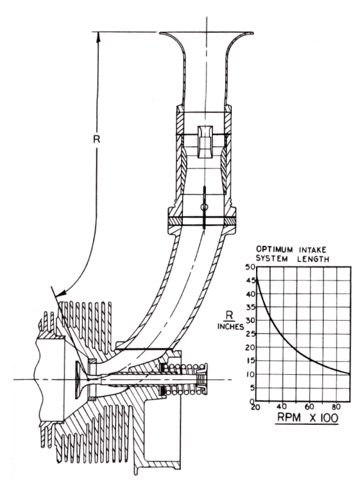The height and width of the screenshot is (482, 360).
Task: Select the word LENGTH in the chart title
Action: click(313, 259)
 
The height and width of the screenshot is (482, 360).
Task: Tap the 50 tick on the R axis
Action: click(250, 266)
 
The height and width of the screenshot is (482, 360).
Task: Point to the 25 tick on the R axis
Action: click(250, 334)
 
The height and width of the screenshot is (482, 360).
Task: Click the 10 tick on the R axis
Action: click(250, 374)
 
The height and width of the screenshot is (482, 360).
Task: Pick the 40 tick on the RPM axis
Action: click(283, 407)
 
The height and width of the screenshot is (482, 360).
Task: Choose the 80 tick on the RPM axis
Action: click(336, 407)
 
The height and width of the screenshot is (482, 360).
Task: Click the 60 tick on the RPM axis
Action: click(309, 407)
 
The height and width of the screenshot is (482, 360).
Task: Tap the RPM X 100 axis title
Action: click(307, 418)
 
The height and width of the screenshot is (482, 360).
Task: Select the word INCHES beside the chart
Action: click(230, 327)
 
